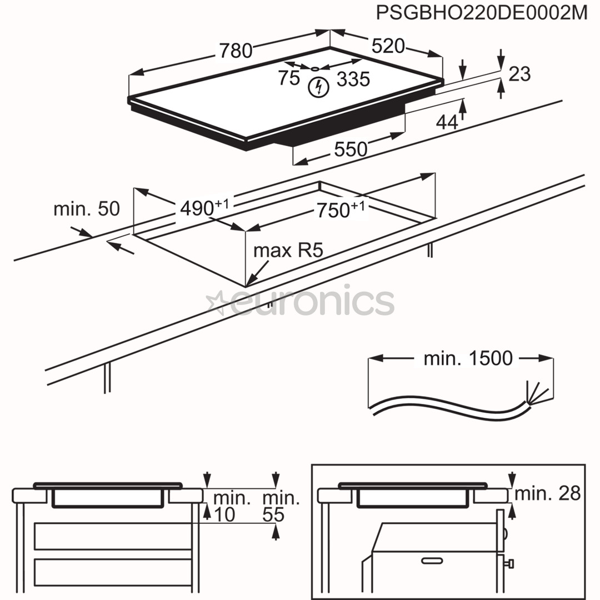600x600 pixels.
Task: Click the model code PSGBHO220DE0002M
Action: tap(481, 12)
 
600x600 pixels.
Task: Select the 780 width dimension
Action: tap(236, 51)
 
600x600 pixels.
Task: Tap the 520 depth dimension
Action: tap(388, 46)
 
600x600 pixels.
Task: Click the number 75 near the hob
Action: tap(289, 78)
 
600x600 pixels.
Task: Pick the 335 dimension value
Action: tap(353, 79)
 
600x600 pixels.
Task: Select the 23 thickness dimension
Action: tap(519, 73)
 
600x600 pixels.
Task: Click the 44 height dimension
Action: tap(447, 122)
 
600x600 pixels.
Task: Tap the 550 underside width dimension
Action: tap(351, 149)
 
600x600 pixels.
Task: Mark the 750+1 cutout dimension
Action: tap(340, 210)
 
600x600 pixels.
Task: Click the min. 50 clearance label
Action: tap(86, 209)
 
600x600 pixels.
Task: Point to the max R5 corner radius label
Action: tap(288, 251)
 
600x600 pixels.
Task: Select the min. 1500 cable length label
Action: tap(468, 358)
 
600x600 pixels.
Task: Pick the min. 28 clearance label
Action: tap(547, 493)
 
